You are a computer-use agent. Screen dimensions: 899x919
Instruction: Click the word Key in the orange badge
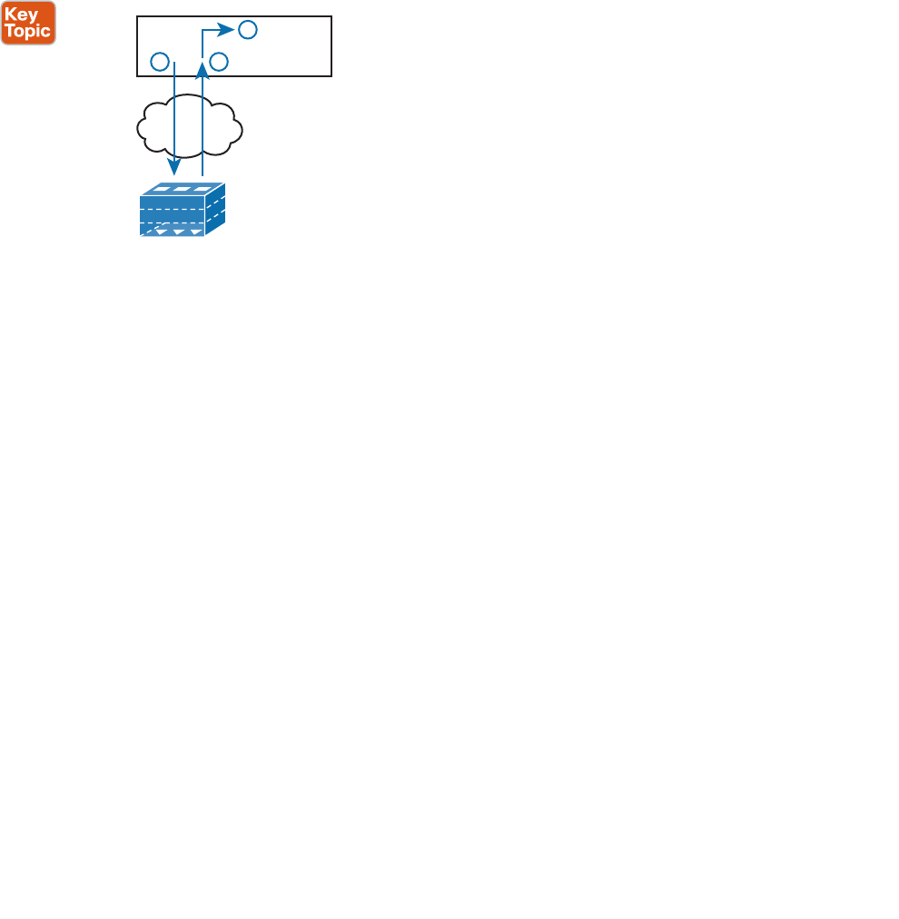[21, 13]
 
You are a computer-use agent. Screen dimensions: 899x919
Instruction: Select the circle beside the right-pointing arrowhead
[247, 31]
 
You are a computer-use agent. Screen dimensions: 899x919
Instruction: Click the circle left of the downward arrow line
[159, 62]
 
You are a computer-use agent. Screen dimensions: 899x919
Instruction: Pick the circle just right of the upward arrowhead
[218, 62]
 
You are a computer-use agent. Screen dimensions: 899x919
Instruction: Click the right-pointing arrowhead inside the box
[228, 31]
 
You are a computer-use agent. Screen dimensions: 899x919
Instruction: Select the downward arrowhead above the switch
[173, 168]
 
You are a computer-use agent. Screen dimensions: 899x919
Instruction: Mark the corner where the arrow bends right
[203, 31]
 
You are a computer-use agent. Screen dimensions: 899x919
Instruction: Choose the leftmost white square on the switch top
[161, 190]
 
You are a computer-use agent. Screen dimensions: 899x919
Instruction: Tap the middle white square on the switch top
[181, 190]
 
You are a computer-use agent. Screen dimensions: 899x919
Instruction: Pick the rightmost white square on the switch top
[201, 190]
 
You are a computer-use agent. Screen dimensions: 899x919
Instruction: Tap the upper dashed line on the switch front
[173, 208]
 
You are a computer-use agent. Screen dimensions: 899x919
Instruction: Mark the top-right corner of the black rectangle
[331, 16]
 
